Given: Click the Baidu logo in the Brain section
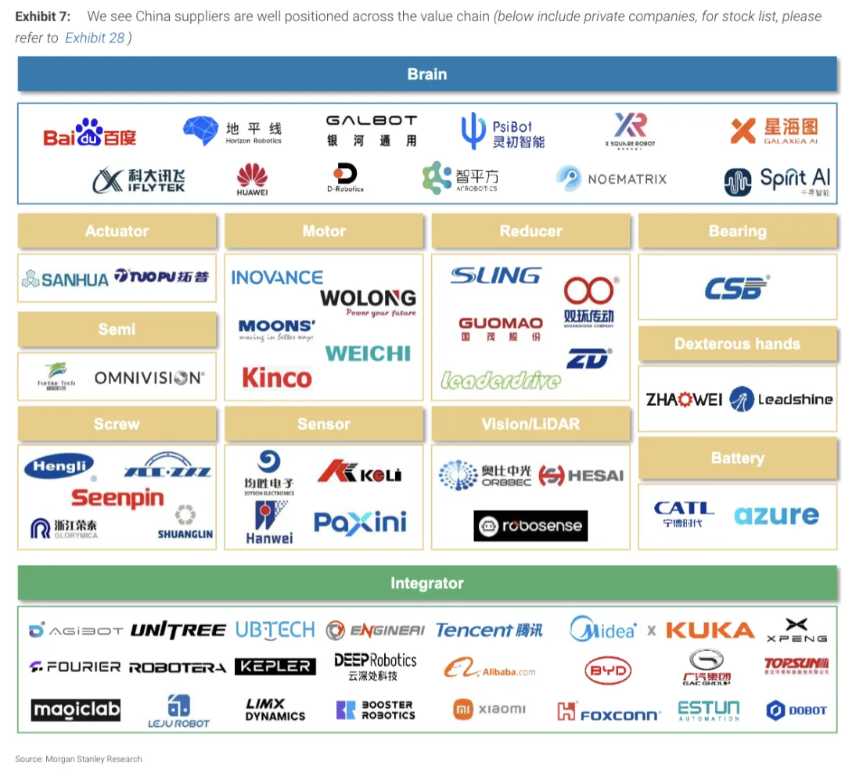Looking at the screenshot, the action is coord(90,135).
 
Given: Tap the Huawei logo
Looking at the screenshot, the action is coord(252,179).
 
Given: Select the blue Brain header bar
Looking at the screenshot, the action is coord(427,75).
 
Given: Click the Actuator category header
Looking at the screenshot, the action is coord(117,232).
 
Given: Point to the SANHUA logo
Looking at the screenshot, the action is coord(65,279).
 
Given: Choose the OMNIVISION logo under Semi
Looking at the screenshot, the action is coord(149,378).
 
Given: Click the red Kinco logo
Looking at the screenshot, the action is coord(277,378).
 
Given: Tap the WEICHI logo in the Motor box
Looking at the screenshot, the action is coord(368,354).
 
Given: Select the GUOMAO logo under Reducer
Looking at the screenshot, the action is coord(501,328).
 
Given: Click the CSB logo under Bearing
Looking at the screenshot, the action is coord(737,288).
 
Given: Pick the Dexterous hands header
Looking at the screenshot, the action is coord(737,344).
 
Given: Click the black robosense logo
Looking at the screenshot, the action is coord(530,526).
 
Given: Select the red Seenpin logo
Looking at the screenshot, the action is coord(117,498).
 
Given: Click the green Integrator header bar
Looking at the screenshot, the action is coord(427,584).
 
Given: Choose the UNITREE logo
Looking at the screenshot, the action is coord(178,631).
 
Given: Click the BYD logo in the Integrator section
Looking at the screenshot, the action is coord(607,671).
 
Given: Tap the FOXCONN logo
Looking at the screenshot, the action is coord(609,712).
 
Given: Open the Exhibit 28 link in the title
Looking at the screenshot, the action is coord(95,38).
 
